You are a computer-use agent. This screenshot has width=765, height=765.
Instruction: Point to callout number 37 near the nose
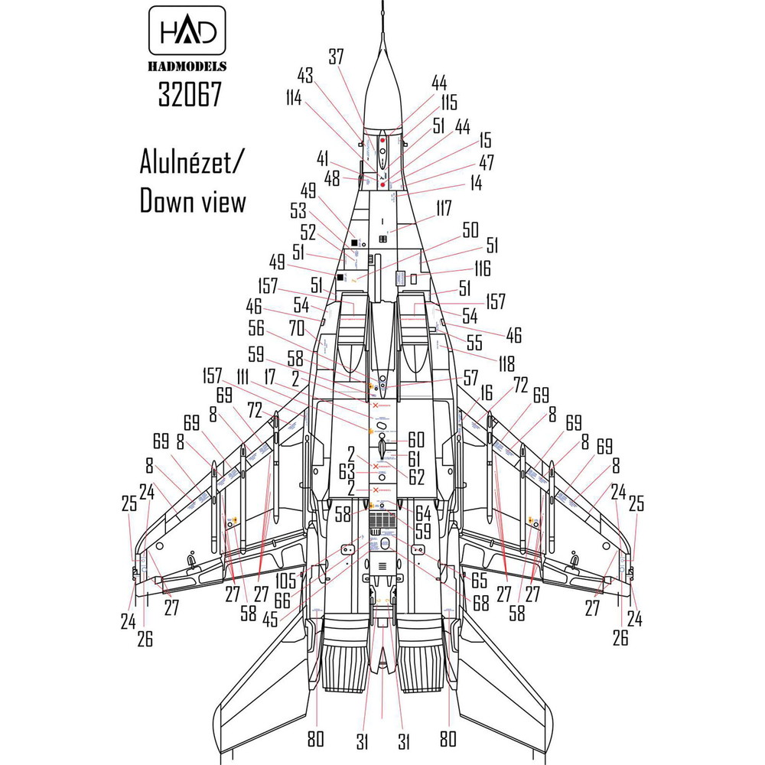click(337, 57)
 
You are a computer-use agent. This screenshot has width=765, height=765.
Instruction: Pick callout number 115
click(448, 103)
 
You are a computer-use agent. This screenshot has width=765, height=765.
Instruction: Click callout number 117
click(444, 208)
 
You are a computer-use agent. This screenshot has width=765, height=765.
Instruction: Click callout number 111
click(245, 376)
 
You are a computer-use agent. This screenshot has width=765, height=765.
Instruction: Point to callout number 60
click(415, 440)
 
